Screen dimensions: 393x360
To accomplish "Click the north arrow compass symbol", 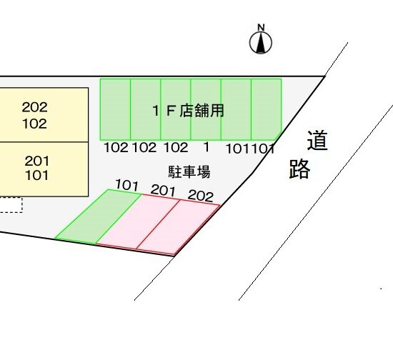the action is click(x=261, y=43).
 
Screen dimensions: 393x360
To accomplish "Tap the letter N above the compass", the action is click(x=261, y=27).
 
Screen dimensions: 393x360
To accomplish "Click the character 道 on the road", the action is click(x=317, y=140).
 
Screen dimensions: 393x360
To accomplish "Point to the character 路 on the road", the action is click(x=300, y=169).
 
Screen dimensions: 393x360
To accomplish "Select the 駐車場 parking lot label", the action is click(x=189, y=172).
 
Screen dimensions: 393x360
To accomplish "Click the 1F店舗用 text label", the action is click(x=188, y=111).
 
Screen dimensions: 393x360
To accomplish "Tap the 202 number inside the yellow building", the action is click(x=34, y=107).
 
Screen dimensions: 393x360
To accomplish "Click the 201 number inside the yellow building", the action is click(x=36, y=161).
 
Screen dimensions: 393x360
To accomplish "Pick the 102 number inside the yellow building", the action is click(x=34, y=124).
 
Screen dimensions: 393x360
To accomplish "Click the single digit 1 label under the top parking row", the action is click(x=207, y=147).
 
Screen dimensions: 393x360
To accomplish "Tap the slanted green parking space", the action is click(x=99, y=216).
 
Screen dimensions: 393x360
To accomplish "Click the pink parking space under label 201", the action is click(x=138, y=222).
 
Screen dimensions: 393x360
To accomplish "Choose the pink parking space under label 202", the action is click(x=179, y=227).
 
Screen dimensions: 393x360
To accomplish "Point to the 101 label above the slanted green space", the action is click(x=126, y=185).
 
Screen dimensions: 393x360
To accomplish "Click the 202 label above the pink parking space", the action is click(x=201, y=196).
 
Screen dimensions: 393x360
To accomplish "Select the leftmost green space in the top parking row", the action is click(x=115, y=109).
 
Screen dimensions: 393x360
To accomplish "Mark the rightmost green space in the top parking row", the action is click(x=267, y=109).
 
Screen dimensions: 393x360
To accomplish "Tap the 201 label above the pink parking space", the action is click(x=163, y=190).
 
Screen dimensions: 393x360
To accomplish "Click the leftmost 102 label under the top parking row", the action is click(x=116, y=147).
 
